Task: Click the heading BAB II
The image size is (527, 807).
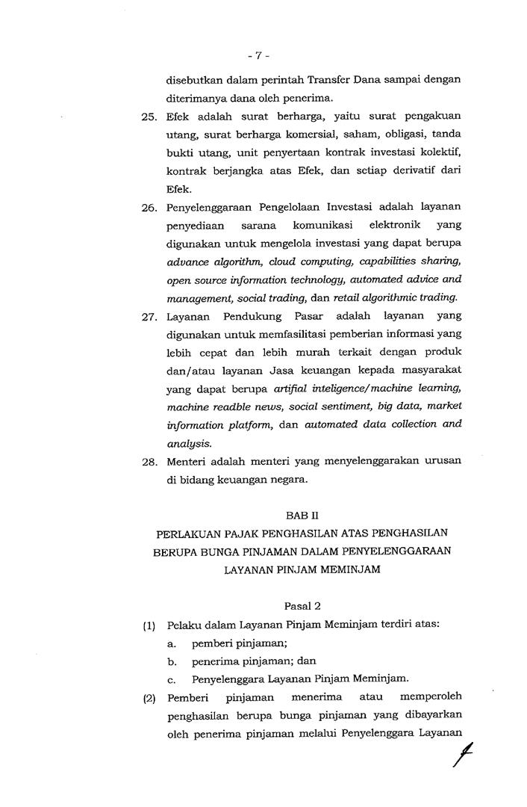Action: (x=301, y=516)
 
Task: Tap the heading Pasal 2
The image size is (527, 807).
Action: (x=301, y=605)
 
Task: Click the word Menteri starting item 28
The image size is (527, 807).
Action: (x=187, y=461)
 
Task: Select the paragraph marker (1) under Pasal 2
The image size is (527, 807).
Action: (x=149, y=625)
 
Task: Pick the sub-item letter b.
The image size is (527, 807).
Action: (x=172, y=661)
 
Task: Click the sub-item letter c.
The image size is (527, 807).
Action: (x=172, y=679)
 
